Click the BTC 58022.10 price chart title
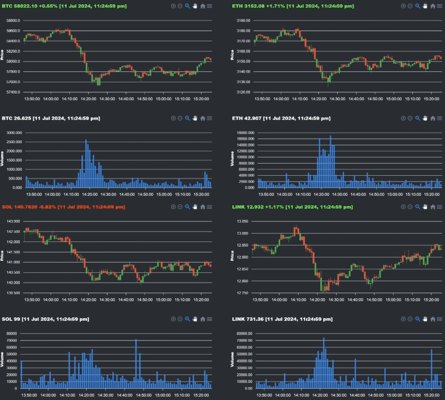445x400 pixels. click(x=64, y=6)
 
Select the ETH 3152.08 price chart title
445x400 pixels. click(x=293, y=6)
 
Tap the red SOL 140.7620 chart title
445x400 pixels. click(x=63, y=207)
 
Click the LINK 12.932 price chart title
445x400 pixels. click(x=292, y=207)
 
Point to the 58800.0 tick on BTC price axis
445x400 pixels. click(x=13, y=20)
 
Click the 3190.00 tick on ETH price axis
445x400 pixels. click(x=243, y=20)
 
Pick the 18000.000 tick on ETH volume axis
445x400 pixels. click(x=245, y=133)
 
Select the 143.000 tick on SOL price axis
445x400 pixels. click(x=13, y=221)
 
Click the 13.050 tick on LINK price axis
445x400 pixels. click(x=242, y=221)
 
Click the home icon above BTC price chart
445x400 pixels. click(x=203, y=6)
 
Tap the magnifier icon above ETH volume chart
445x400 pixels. click(x=418, y=118)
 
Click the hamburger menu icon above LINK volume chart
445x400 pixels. click(x=439, y=319)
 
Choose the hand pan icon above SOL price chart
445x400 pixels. click(x=195, y=207)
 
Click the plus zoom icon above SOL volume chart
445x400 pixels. click(x=173, y=319)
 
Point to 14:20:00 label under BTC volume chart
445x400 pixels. click(x=90, y=194)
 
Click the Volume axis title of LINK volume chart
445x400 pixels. click(x=232, y=359)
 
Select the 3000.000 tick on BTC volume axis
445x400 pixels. click(x=14, y=133)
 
